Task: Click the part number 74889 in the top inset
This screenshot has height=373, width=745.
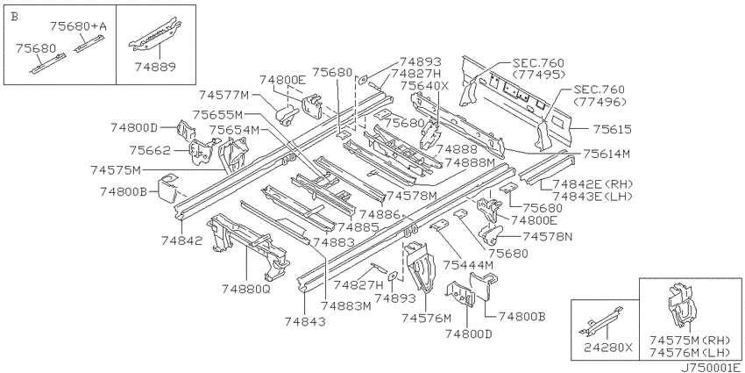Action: (155, 67)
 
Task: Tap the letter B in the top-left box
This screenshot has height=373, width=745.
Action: (14, 17)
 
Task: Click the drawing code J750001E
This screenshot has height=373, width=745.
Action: (713, 368)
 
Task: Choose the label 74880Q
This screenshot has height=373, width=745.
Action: (245, 289)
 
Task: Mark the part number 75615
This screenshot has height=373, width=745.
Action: (612, 129)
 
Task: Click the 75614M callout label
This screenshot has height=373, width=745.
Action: (607, 154)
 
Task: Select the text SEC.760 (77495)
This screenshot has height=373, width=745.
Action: (538, 68)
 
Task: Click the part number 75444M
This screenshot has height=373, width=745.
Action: (469, 265)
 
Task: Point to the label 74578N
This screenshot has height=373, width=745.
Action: (547, 236)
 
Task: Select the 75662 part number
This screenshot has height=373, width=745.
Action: (150, 150)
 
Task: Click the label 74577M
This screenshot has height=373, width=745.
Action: (223, 95)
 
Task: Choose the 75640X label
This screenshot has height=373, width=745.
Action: (424, 86)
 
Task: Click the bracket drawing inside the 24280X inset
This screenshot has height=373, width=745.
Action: (600, 321)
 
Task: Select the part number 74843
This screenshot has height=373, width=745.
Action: (306, 321)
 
